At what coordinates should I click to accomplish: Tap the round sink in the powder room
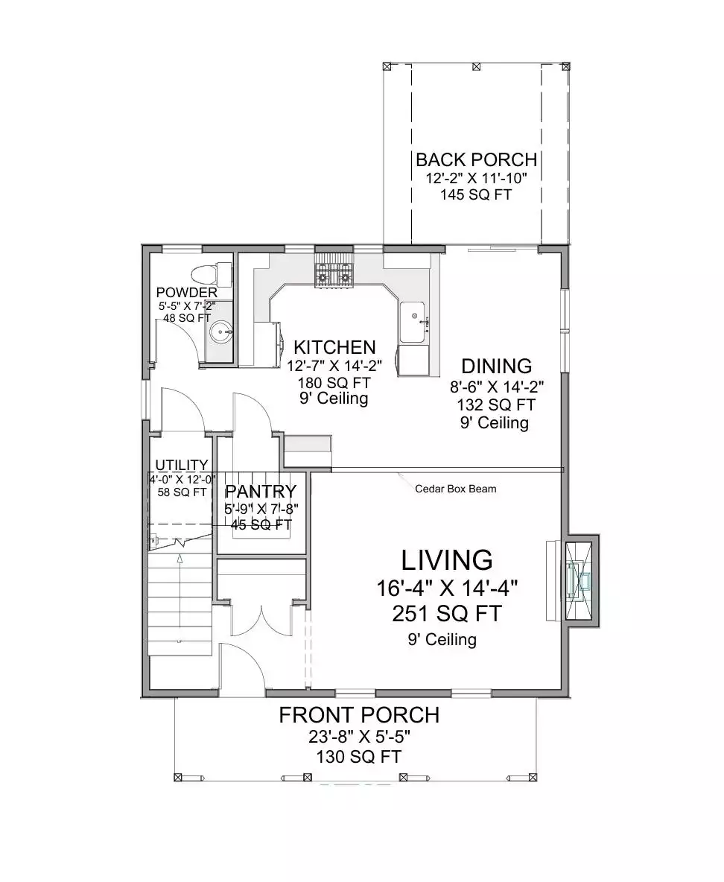pyautogui.click(x=220, y=332)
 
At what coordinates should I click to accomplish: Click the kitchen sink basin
pyautogui.click(x=413, y=322)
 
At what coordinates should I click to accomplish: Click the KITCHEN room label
pyautogui.click(x=334, y=347)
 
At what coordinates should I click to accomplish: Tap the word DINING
pyautogui.click(x=497, y=367)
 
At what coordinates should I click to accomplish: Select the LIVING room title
pyautogui.click(x=447, y=560)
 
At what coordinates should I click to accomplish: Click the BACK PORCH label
pyautogui.click(x=477, y=159)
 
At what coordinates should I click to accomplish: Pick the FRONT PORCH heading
pyautogui.click(x=360, y=715)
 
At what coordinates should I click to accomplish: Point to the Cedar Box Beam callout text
pyautogui.click(x=456, y=489)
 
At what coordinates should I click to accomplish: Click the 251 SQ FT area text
pyautogui.click(x=447, y=614)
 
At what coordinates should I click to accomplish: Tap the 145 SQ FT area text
pyautogui.click(x=476, y=194)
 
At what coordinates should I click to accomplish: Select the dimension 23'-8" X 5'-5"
pyautogui.click(x=360, y=736)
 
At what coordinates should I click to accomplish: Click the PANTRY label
pyautogui.click(x=261, y=492)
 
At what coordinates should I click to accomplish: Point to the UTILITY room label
pyautogui.click(x=182, y=465)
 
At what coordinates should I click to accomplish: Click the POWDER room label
pyautogui.click(x=187, y=293)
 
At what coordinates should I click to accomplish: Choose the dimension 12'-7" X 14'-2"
pyautogui.click(x=334, y=367)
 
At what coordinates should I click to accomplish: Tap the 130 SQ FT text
pyautogui.click(x=359, y=757)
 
